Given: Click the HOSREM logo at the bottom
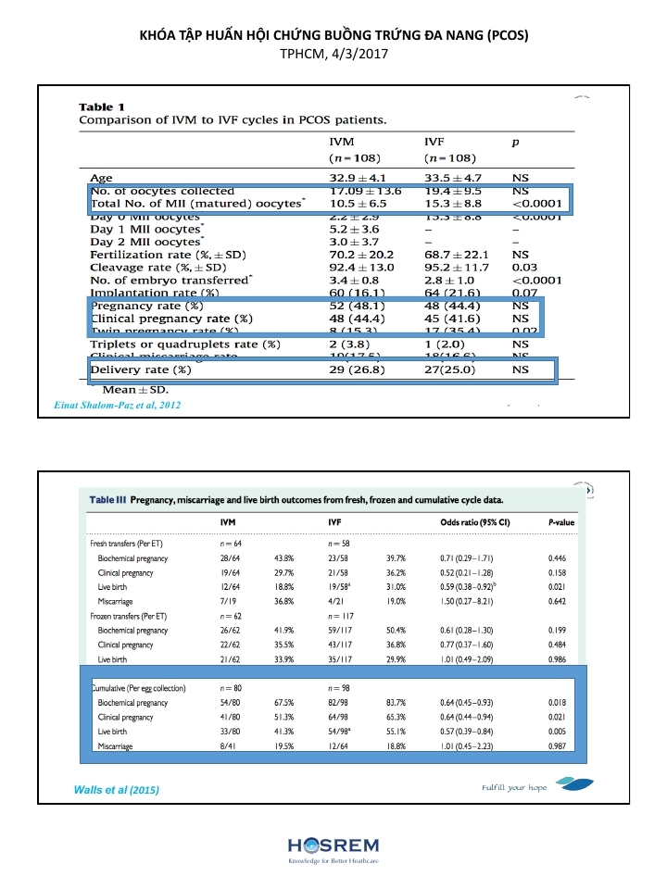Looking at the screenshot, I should coord(333,847).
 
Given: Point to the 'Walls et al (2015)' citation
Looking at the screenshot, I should coord(116,790).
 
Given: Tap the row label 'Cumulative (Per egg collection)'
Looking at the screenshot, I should coord(138,688).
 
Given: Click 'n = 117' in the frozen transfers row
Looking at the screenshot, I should coord(344,615).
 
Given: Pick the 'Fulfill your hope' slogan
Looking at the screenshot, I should coord(514,787).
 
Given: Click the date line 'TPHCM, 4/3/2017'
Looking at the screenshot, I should coord(333,54).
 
